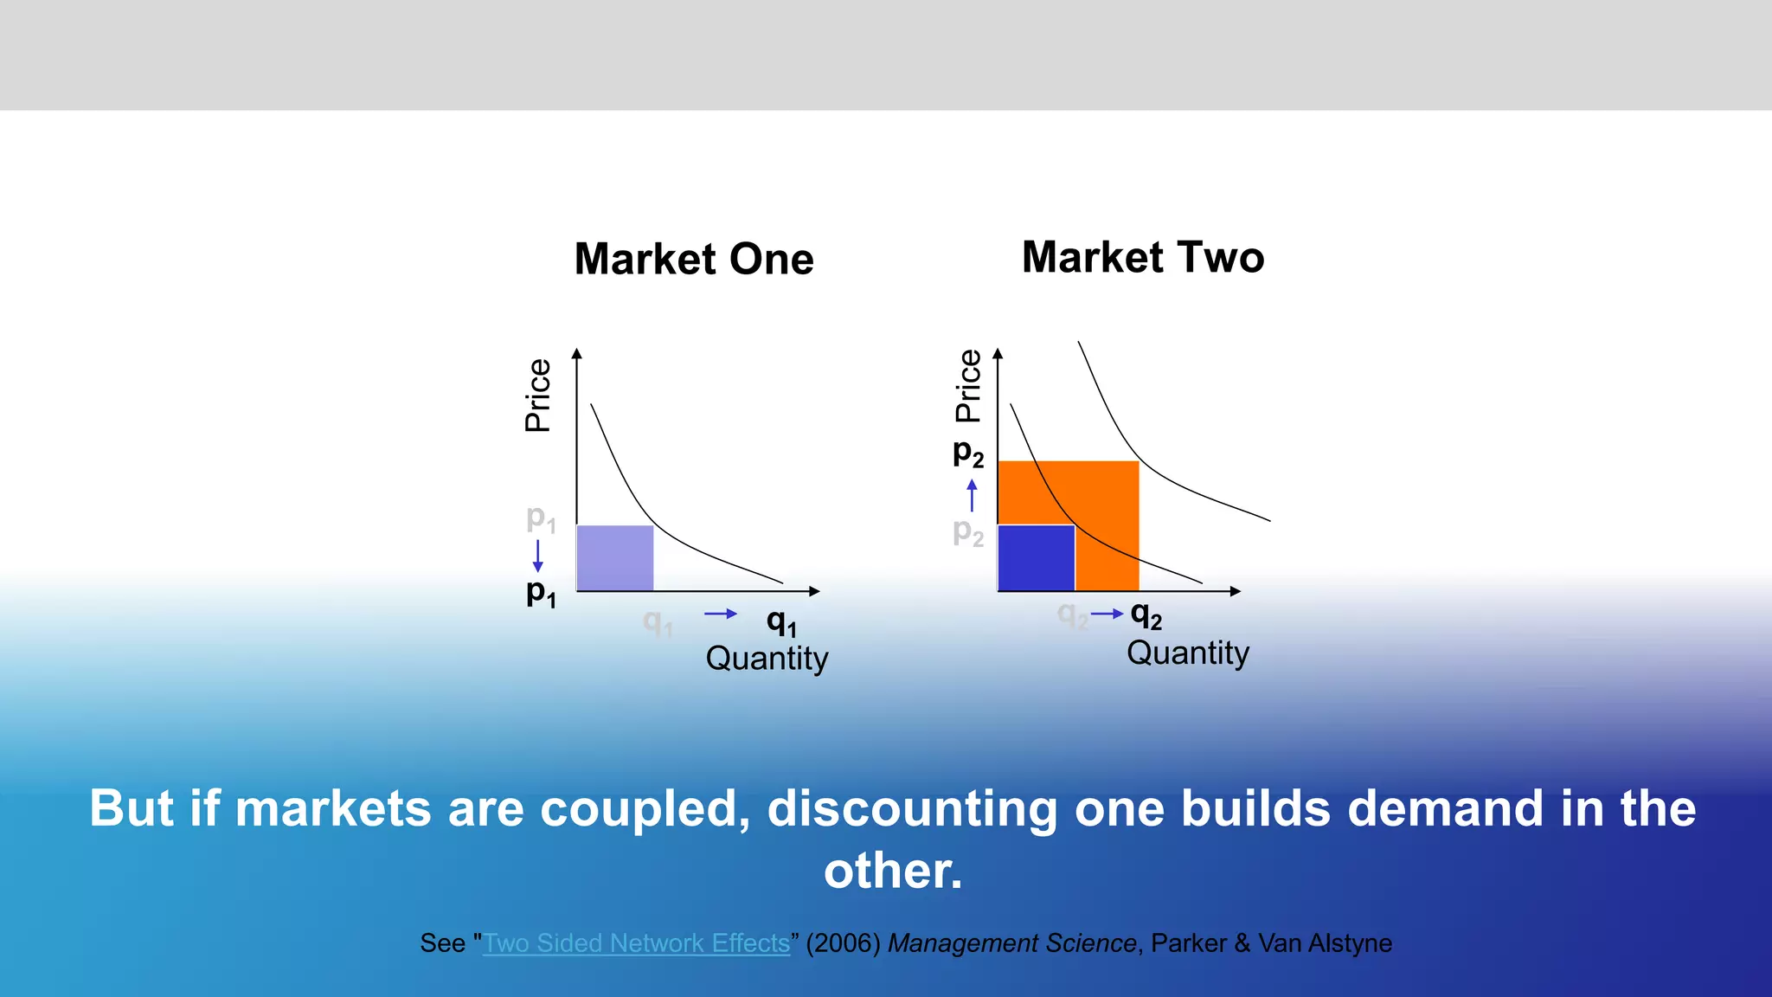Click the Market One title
(x=694, y=260)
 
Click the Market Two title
(x=1143, y=258)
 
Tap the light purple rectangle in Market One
(x=614, y=558)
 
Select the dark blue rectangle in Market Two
(x=1036, y=558)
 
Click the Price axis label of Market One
(x=538, y=395)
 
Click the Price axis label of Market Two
(x=968, y=386)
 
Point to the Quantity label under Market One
(x=767, y=659)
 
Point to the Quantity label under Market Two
(x=1187, y=653)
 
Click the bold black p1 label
(x=541, y=594)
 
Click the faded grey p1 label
(x=541, y=519)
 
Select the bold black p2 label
(x=968, y=453)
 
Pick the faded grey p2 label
(x=968, y=531)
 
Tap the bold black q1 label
(x=781, y=621)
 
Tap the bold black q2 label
(x=1146, y=615)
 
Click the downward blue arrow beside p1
(x=538, y=556)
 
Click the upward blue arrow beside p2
(x=972, y=495)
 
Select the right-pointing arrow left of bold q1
(x=720, y=614)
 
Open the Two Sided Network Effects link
(x=636, y=943)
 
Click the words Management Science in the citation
(x=1011, y=943)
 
